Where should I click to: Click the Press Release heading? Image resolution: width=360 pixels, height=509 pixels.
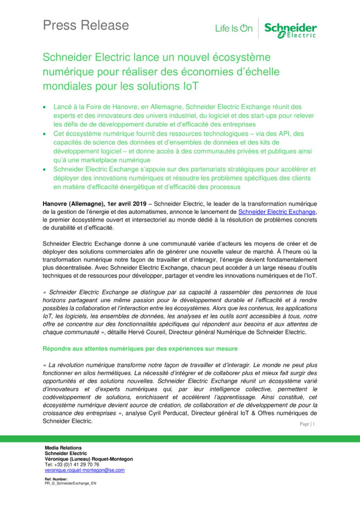pos(86,25)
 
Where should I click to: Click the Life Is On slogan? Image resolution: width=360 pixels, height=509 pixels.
pos(234,28)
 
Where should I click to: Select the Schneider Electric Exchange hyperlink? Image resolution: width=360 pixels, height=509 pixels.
pos(277,212)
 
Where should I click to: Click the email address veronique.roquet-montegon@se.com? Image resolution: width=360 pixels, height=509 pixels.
pos(85,470)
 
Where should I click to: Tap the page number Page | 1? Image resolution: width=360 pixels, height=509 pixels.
pos(307,424)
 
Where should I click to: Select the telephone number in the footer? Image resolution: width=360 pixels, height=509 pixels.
pos(72,465)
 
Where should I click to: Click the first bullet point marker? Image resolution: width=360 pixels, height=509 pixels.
pos(44,107)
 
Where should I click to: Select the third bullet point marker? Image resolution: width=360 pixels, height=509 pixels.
pos(44,169)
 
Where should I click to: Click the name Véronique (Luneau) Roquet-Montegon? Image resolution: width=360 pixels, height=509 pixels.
pos(89,459)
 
